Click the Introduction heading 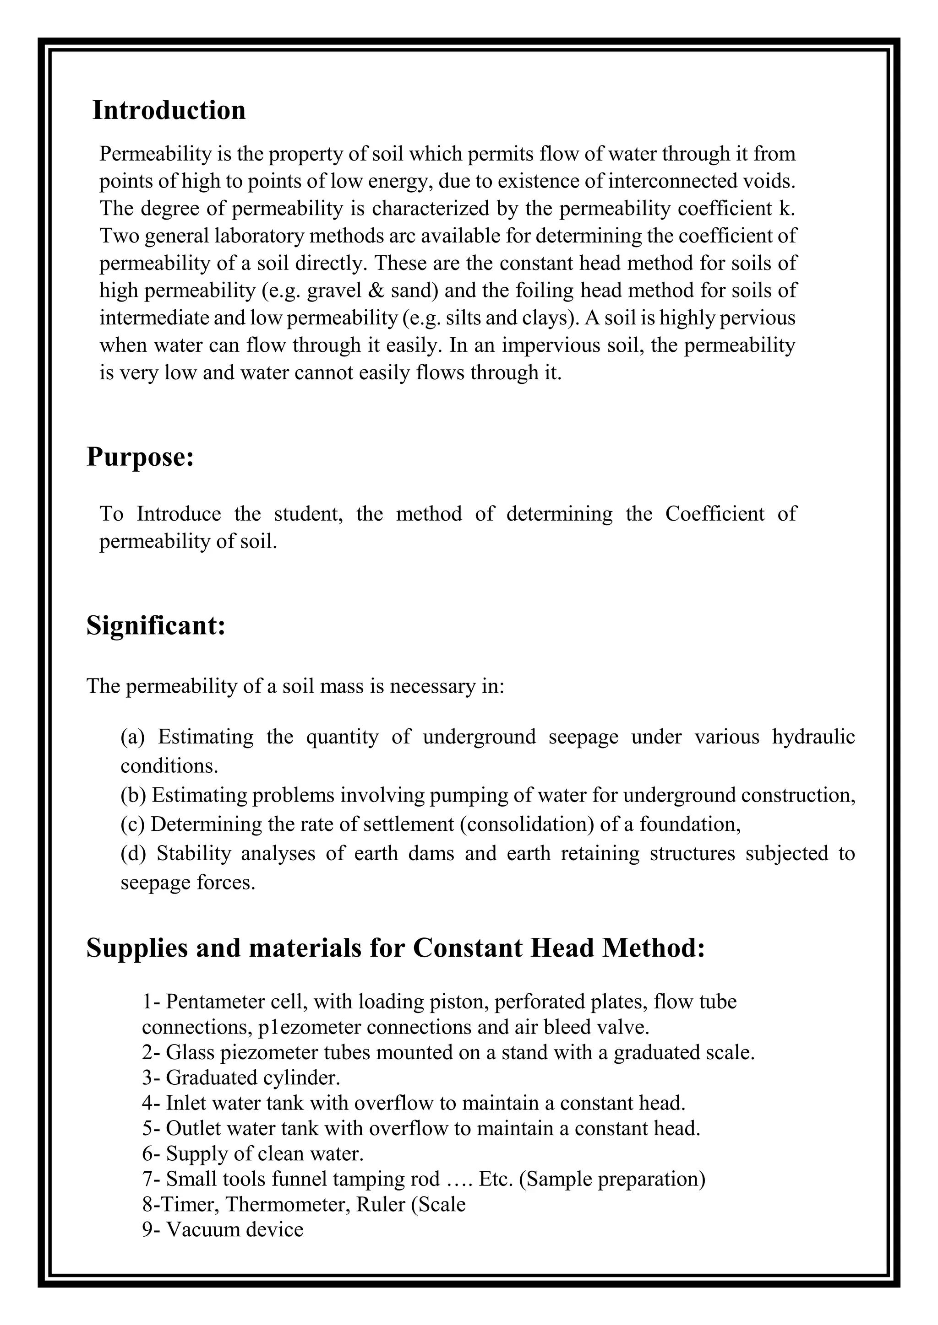click(x=169, y=110)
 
